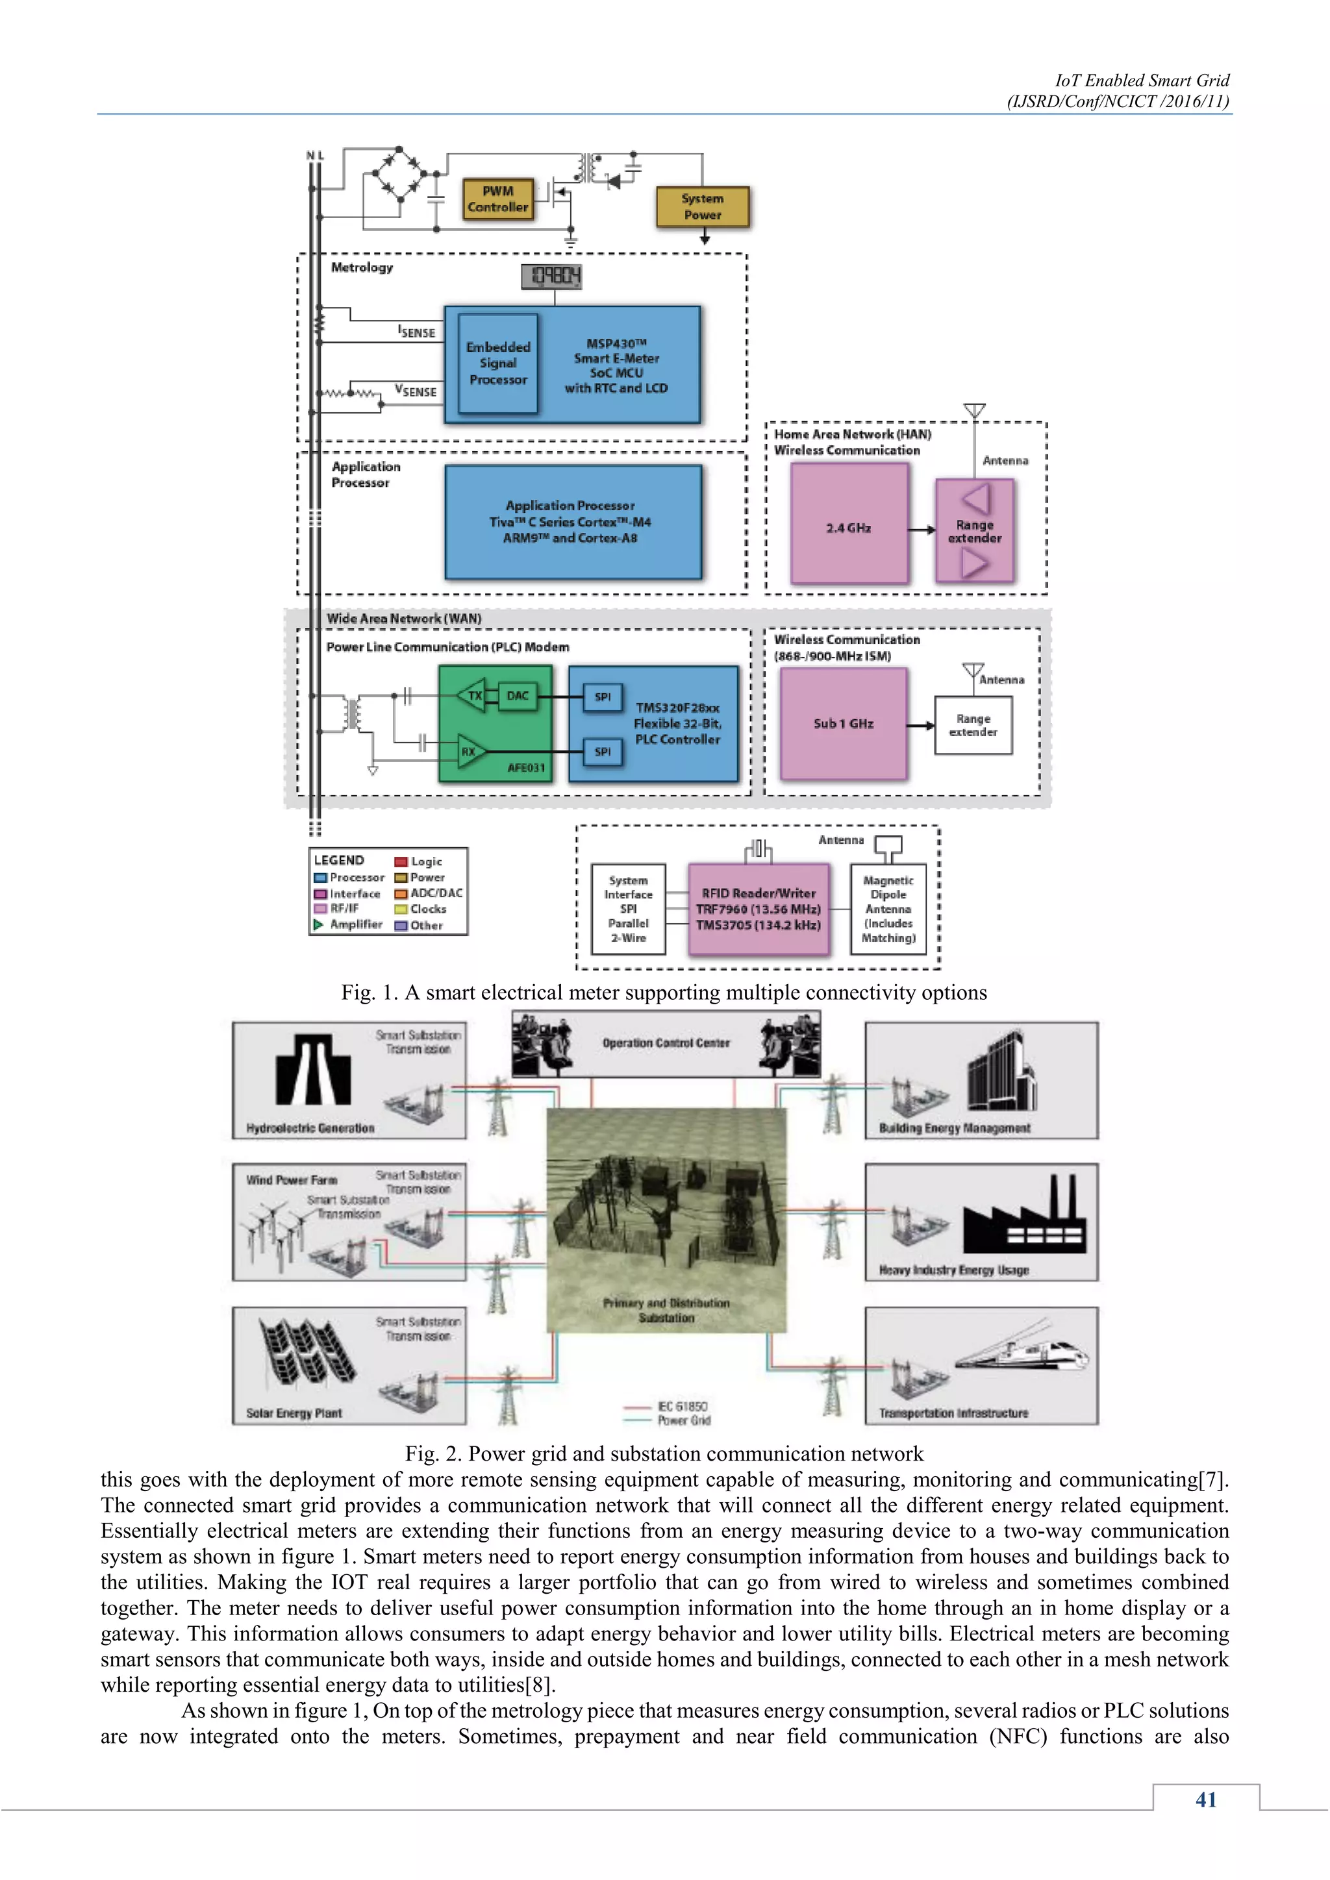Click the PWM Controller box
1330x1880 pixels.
pos(497,199)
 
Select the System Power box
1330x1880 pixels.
pos(703,207)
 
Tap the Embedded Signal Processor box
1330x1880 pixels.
pos(498,364)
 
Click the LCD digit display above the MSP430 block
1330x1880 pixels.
pos(552,277)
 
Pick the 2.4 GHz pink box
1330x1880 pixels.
pos(848,524)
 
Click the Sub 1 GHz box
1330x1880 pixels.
pos(844,724)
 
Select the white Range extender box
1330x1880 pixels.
pos(973,726)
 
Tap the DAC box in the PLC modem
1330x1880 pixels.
pos(518,696)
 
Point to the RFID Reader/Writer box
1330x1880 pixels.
pos(759,909)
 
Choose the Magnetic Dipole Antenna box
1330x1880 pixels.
pos(888,909)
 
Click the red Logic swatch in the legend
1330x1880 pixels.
pos(401,861)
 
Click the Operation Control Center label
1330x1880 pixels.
pos(666,1043)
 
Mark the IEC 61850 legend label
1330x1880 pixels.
pos(682,1407)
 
